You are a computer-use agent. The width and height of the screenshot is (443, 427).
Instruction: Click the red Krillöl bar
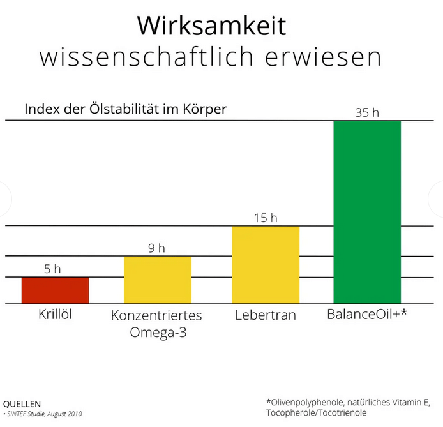(x=55, y=290)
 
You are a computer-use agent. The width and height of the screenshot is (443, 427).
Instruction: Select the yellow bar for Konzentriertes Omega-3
(x=157, y=280)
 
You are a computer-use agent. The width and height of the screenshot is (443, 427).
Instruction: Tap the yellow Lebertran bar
(x=266, y=264)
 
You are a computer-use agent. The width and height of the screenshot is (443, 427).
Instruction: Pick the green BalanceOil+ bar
(x=367, y=211)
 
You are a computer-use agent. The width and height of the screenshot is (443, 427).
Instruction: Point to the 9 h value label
(x=156, y=248)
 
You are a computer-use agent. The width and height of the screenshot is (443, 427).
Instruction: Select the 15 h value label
(x=265, y=218)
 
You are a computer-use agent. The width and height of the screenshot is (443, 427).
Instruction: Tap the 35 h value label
(x=367, y=112)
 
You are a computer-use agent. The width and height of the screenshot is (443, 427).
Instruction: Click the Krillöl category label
(x=55, y=315)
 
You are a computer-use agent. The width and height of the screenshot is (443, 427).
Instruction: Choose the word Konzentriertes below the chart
(x=156, y=316)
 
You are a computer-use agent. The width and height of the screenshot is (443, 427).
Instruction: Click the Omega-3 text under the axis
(x=156, y=333)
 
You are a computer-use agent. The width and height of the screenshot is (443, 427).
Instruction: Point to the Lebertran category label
(x=265, y=315)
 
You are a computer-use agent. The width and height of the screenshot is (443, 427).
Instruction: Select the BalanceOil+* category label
(x=367, y=315)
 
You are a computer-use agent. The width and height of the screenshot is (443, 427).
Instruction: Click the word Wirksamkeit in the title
(x=211, y=26)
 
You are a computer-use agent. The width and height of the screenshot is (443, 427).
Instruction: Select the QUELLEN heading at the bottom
(x=22, y=404)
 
